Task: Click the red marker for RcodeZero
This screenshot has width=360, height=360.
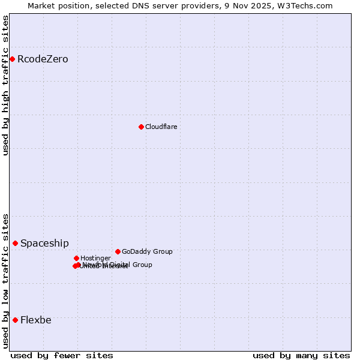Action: [12, 59]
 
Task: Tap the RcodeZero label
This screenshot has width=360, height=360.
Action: [43, 59]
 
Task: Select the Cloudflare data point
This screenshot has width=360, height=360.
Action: [141, 127]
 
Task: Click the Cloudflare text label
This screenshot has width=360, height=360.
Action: [161, 127]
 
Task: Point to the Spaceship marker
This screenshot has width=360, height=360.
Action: [15, 243]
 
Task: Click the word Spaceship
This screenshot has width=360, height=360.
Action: [44, 244]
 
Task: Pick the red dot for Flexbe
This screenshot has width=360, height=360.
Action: [15, 320]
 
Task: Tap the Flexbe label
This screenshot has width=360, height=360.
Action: [36, 320]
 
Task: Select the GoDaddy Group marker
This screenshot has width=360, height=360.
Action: [118, 251]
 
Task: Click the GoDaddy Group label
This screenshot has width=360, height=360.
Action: [147, 252]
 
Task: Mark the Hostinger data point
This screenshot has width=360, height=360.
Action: [76, 258]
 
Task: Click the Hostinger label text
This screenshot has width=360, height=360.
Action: [95, 259]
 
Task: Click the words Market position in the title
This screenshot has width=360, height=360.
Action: [58, 5]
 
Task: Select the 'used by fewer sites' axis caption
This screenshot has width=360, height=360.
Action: [62, 355]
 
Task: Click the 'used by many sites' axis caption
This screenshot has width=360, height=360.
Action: [301, 355]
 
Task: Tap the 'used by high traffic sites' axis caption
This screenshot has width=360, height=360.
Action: [5, 85]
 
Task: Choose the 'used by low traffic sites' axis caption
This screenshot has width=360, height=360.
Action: [5, 281]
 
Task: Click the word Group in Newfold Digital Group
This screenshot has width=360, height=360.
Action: [142, 265]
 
